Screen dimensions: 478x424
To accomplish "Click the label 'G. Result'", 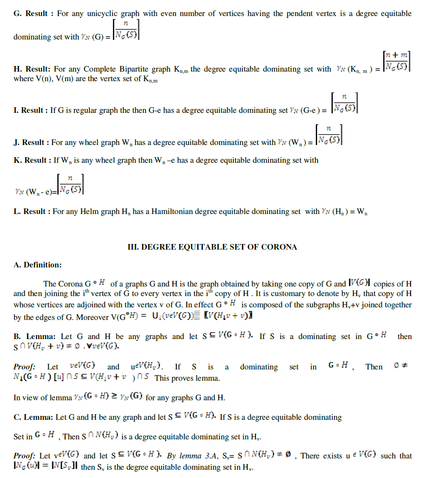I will click(31, 14).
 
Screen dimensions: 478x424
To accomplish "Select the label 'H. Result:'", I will click(32, 69).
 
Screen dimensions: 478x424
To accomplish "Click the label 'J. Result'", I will click(30, 142).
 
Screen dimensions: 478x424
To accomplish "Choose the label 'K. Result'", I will click(32, 160).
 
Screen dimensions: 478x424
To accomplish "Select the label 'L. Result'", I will click(31, 211).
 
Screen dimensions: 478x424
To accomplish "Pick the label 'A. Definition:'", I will click(37, 265).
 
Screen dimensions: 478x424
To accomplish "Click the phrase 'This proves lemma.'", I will click(187, 378).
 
